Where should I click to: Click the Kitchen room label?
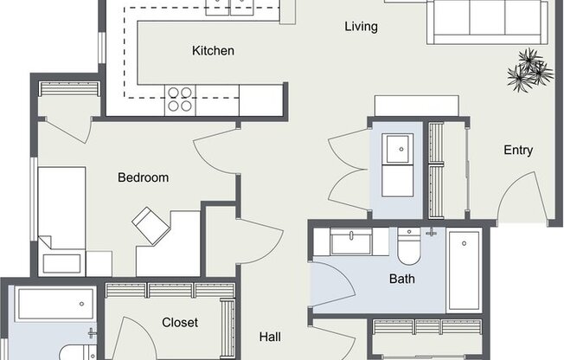coord(213,51)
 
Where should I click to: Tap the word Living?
coord(361,27)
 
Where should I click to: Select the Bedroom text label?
coord(143,177)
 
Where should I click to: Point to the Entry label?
coord(518,150)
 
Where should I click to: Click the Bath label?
coord(401,279)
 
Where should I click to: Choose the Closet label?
coord(180,323)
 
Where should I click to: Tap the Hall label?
coord(270,337)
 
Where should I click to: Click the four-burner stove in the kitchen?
coord(180,100)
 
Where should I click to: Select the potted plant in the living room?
coord(530,70)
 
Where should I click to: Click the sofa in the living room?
coord(487,22)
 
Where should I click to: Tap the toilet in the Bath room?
coord(409,247)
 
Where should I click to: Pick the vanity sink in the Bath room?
coord(350,241)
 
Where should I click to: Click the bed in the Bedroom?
coord(62,222)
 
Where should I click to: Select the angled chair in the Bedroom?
coord(151,226)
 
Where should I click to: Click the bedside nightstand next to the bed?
coord(99,264)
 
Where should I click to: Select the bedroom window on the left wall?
coord(34,199)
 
